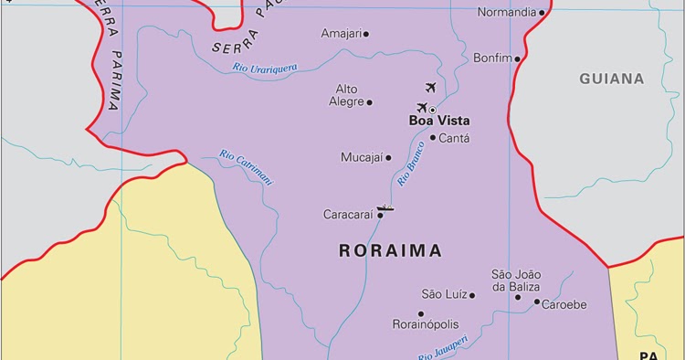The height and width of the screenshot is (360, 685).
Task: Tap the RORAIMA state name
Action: pyautogui.click(x=390, y=250)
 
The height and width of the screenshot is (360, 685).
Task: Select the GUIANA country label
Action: pyautogui.click(x=611, y=79)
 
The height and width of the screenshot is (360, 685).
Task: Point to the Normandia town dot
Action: pyautogui.click(x=542, y=14)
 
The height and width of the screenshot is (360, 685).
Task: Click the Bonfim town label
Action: pyautogui.click(x=493, y=58)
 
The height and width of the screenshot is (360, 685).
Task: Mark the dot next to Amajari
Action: pyautogui.click(x=366, y=35)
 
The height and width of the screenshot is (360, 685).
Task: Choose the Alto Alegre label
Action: pyautogui.click(x=346, y=95)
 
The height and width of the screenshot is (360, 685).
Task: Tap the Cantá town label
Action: pyautogui.click(x=454, y=139)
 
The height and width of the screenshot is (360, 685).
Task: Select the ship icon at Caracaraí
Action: pyautogui.click(x=385, y=208)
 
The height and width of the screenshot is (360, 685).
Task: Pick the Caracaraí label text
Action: pyautogui.click(x=348, y=216)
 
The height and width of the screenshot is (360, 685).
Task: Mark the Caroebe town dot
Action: pyautogui.click(x=537, y=303)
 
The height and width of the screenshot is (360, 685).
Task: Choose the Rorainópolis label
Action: pyautogui.click(x=425, y=324)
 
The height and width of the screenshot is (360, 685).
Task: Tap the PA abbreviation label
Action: pyautogui.click(x=648, y=355)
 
